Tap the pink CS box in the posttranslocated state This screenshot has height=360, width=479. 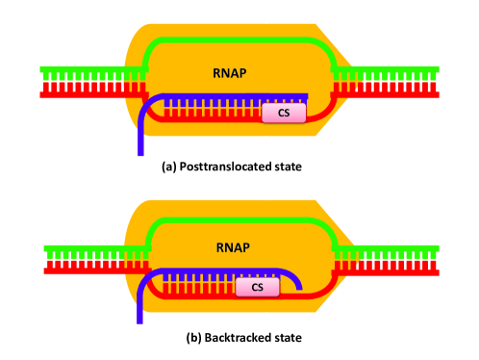[x=284, y=113]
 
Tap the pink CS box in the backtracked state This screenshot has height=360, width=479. [x=257, y=287]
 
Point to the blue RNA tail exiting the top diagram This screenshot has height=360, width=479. [x=141, y=135]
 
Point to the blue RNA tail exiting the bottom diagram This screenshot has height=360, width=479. [x=141, y=308]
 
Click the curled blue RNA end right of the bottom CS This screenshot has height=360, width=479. [x=296, y=281]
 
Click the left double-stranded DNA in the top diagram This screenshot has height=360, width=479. [x=87, y=82]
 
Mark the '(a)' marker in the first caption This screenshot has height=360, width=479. [x=169, y=167]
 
